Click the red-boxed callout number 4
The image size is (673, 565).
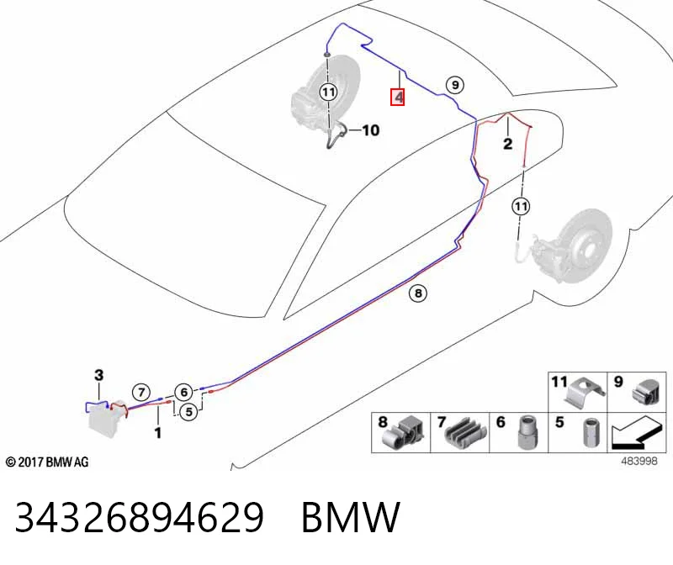[x=397, y=97]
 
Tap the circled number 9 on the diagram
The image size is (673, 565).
[x=455, y=85]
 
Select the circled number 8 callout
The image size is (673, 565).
[x=418, y=293]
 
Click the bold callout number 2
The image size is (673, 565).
[x=508, y=143]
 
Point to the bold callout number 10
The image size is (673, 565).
[x=371, y=130]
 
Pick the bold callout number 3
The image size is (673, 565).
[x=98, y=375]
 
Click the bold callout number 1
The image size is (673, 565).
[x=158, y=432]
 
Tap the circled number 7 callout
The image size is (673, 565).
[x=141, y=392]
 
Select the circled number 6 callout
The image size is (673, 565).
[x=183, y=392]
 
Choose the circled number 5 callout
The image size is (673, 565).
[x=188, y=412]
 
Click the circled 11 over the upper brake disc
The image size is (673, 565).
[x=328, y=92]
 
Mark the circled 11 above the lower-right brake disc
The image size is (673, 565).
[x=521, y=207]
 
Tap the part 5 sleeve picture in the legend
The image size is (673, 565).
[x=591, y=432]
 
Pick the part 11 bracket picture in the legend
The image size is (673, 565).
[x=586, y=389]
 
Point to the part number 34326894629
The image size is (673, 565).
[x=139, y=517]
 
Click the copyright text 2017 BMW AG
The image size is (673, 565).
[x=47, y=462]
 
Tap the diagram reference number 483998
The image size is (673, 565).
[x=639, y=462]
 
